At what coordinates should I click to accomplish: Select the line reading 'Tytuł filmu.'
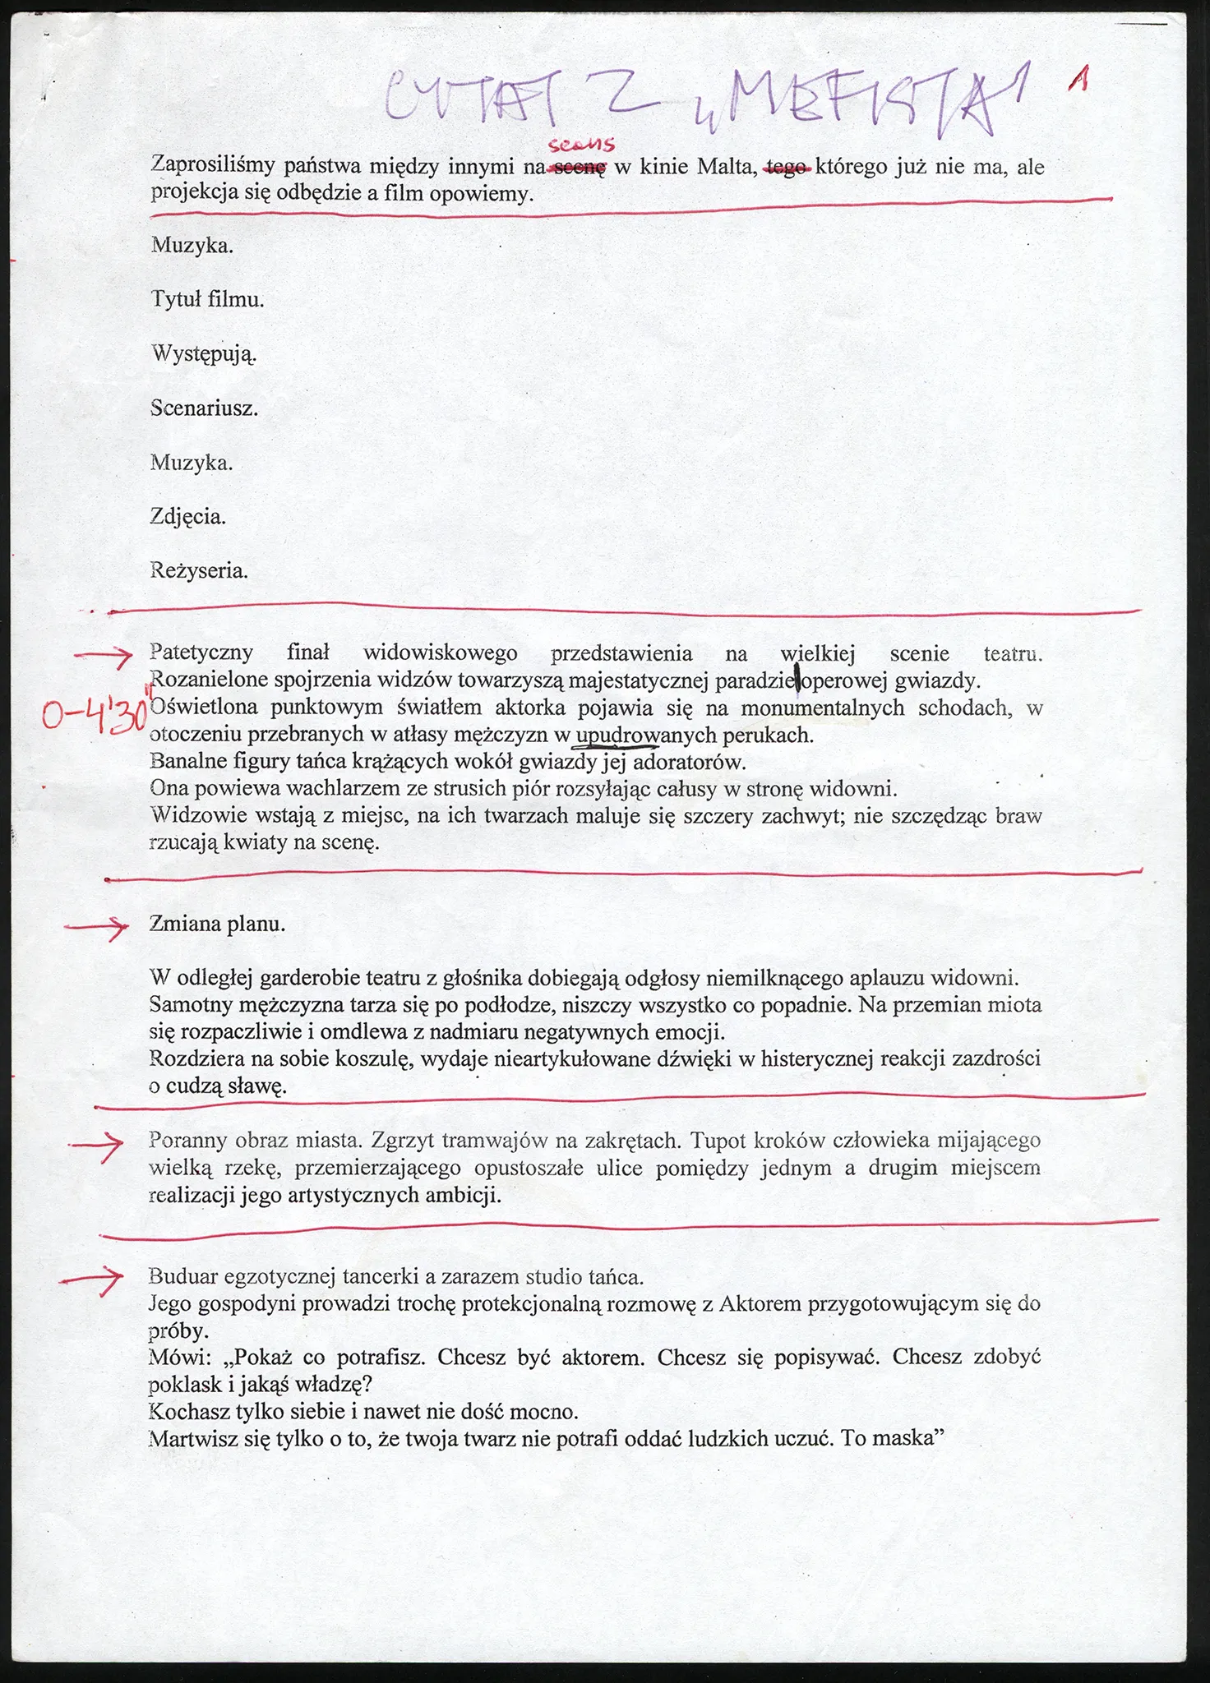click(207, 300)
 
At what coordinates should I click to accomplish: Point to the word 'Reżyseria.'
click(199, 570)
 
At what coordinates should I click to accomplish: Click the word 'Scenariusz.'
click(204, 408)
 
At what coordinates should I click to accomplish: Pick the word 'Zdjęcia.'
click(188, 517)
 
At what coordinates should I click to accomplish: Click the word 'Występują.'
click(203, 354)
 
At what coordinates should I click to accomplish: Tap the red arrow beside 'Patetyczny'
click(103, 655)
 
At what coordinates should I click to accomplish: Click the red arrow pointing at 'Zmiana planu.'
click(97, 926)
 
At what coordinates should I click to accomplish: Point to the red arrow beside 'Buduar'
click(92, 1280)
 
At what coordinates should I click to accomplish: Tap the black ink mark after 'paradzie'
click(797, 680)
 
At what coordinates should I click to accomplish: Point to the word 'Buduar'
click(183, 1276)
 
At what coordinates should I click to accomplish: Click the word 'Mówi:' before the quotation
click(177, 1357)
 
